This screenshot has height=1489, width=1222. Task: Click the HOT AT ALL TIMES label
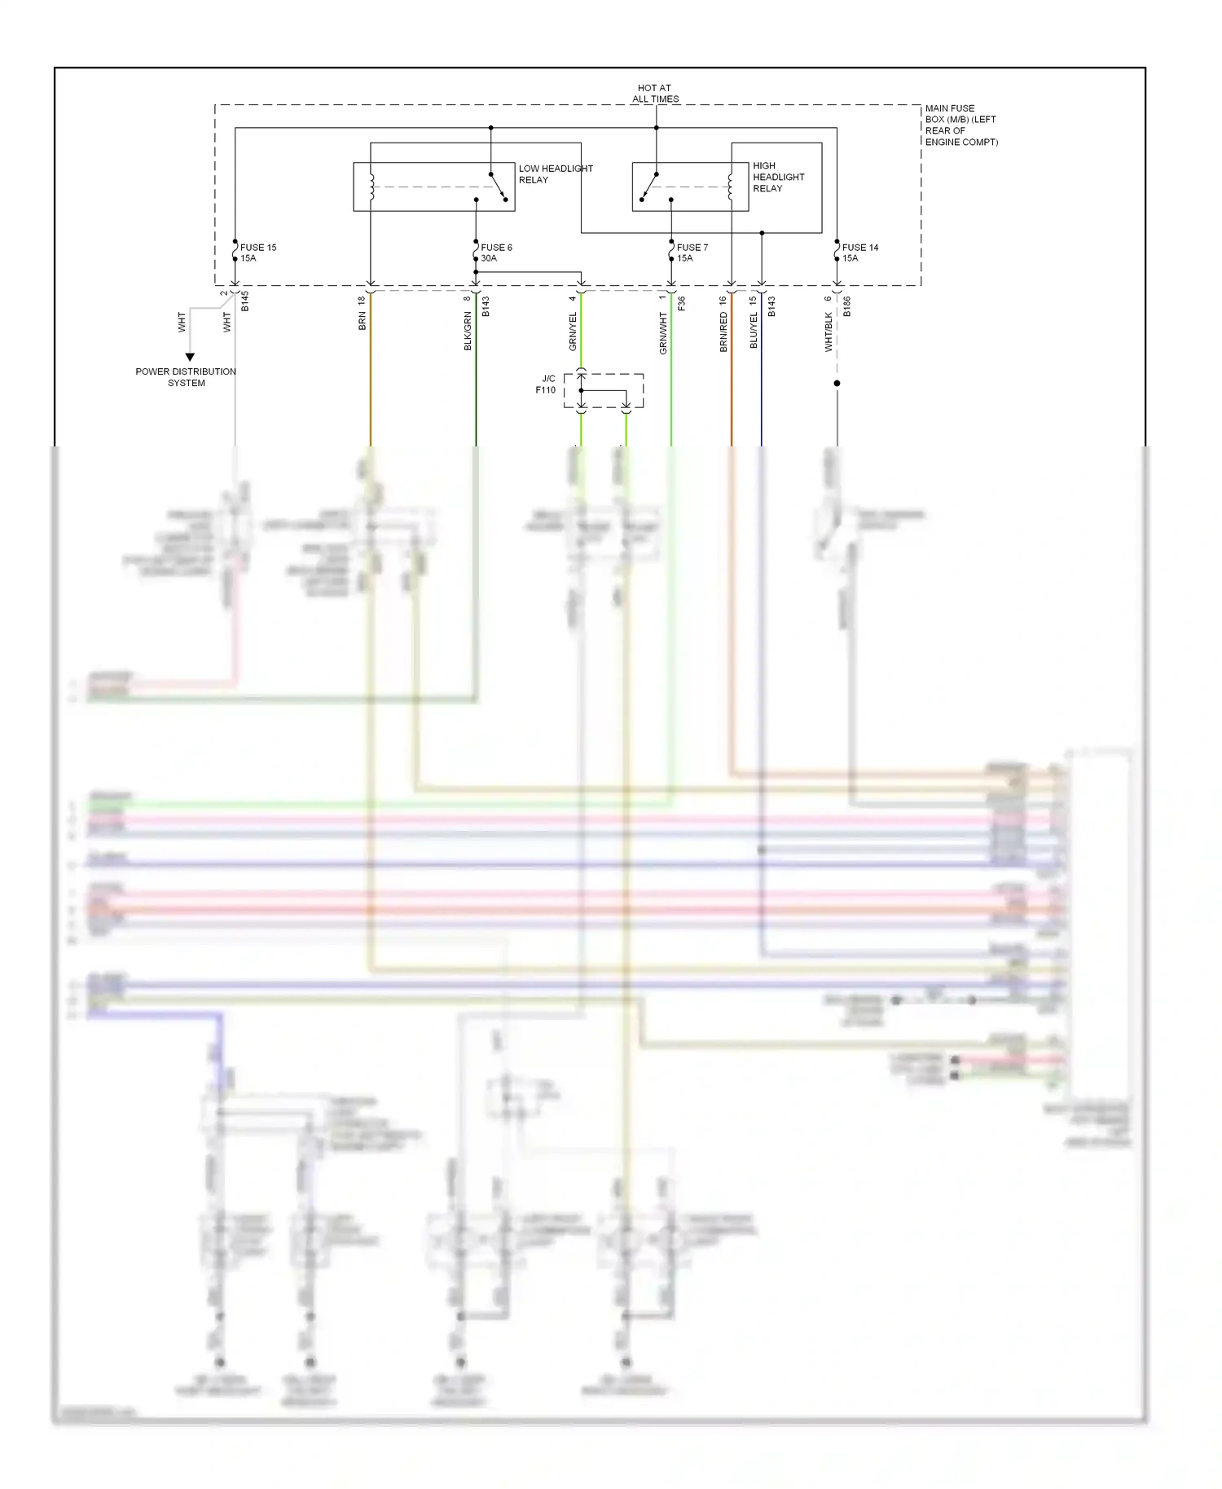click(x=655, y=94)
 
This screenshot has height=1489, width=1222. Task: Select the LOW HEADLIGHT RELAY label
click(x=556, y=174)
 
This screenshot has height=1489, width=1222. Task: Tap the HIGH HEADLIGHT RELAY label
click(x=778, y=177)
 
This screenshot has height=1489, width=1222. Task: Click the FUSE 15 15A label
click(x=257, y=253)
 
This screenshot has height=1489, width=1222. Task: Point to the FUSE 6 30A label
click(x=495, y=253)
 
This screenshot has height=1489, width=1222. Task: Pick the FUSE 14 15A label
click(x=859, y=253)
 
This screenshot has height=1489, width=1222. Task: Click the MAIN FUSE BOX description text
click(x=960, y=125)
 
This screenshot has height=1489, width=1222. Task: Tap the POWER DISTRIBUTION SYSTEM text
click(x=186, y=377)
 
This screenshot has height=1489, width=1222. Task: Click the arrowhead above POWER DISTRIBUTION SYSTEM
click(x=190, y=357)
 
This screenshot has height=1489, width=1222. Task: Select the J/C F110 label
click(x=547, y=384)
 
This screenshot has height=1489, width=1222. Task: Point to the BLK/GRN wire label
click(x=468, y=332)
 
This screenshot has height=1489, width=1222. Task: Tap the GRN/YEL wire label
click(x=573, y=332)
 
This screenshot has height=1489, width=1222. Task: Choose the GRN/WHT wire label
click(x=663, y=332)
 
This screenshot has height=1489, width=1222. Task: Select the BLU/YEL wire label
click(x=754, y=331)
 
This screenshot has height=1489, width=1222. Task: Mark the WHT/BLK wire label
click(x=829, y=332)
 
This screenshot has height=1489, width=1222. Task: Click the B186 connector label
click(x=846, y=306)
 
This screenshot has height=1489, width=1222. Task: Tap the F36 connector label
click(x=681, y=303)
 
